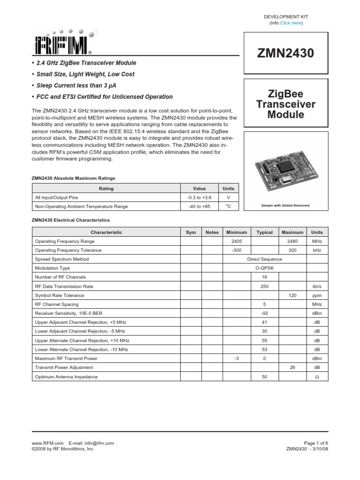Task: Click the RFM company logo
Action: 63,42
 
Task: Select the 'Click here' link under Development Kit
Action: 291,23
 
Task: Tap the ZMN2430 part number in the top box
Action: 285,53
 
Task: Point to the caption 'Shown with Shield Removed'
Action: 285,205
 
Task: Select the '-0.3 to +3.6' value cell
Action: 199,197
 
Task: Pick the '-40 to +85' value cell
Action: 199,206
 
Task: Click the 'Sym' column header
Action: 191,232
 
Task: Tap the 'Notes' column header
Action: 212,232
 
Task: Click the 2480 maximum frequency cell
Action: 292,241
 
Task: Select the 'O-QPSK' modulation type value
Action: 264,268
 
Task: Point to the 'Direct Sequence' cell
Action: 264,259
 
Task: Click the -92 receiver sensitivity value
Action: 264,313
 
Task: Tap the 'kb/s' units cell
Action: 317,286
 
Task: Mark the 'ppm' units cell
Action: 317,295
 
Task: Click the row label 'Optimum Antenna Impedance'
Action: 67,376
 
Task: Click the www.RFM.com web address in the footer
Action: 47,443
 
